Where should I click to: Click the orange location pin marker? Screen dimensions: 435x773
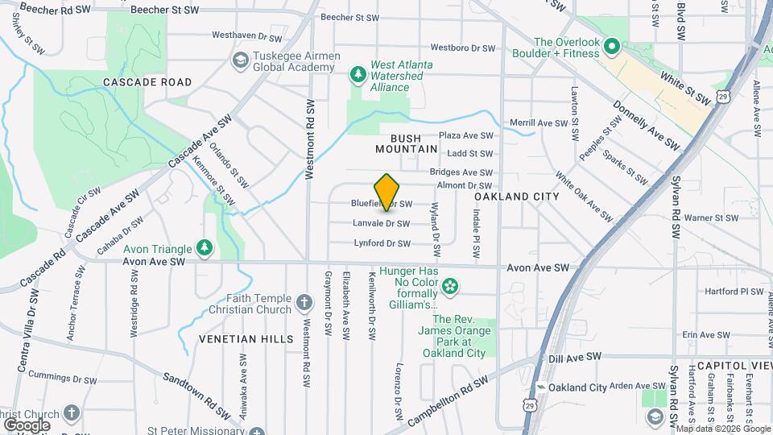387,192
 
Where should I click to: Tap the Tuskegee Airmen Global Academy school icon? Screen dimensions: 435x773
240,60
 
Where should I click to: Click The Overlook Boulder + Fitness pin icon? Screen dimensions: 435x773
610,48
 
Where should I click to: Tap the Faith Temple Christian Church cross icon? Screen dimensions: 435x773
304,304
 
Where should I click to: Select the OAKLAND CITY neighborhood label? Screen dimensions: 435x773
516,197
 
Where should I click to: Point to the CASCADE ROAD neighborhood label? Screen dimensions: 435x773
147,82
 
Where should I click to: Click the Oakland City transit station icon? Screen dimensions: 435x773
542,387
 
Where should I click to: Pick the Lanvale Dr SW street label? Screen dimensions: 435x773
381,223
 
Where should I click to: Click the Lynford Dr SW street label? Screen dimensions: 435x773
382,242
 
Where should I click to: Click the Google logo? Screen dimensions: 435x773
27,425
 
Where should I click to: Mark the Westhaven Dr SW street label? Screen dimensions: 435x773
247,37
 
